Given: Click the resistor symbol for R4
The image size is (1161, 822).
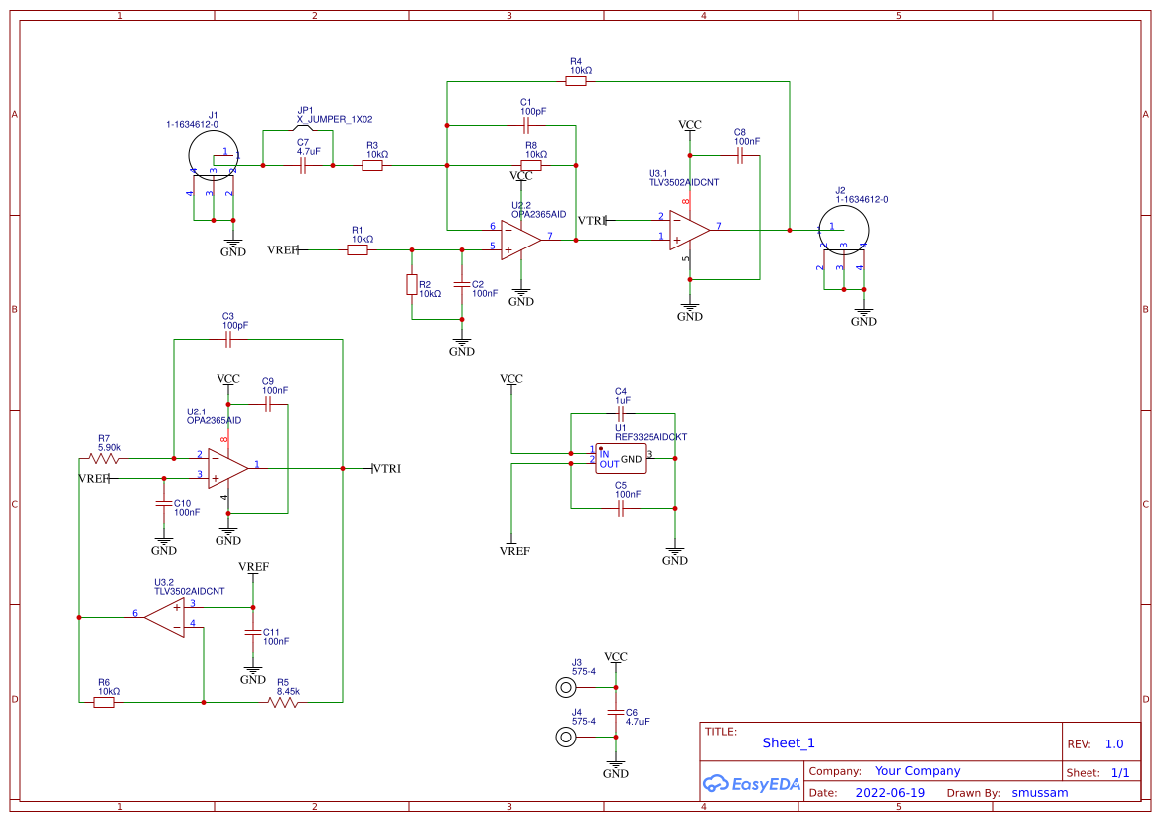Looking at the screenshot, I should click(576, 82).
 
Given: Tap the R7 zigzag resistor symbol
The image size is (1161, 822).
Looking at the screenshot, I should click(104, 458).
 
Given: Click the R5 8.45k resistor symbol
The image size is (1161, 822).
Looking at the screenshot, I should click(283, 702).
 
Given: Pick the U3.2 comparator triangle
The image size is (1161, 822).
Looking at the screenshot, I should click(166, 616).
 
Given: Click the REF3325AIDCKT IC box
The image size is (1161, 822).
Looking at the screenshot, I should click(620, 459).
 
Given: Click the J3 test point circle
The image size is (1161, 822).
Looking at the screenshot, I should click(566, 687).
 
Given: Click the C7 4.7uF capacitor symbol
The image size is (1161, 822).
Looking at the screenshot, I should click(303, 166).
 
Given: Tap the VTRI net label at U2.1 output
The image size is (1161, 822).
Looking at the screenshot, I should click(387, 468).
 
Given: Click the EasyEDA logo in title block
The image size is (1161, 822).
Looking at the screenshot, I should click(751, 783).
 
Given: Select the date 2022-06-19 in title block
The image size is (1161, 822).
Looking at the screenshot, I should click(889, 793).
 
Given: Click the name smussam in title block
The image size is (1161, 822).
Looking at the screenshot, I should click(1039, 793).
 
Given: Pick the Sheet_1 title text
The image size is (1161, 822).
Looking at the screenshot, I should click(789, 742).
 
